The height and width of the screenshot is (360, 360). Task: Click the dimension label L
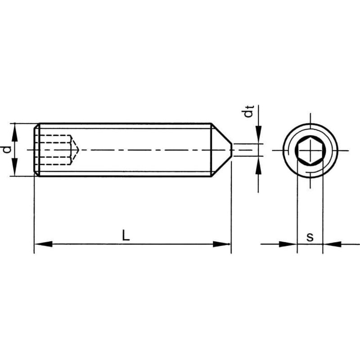point(126,235)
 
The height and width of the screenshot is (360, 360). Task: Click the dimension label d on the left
point(6,149)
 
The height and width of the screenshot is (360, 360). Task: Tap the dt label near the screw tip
point(249,112)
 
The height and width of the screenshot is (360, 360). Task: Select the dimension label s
point(310,237)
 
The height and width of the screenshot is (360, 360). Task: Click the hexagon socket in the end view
point(310,150)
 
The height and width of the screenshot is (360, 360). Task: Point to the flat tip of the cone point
point(232,150)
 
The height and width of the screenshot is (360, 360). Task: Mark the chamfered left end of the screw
point(36,149)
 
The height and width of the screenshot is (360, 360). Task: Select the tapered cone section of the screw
point(221,150)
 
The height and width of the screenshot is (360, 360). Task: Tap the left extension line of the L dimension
point(34,211)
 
